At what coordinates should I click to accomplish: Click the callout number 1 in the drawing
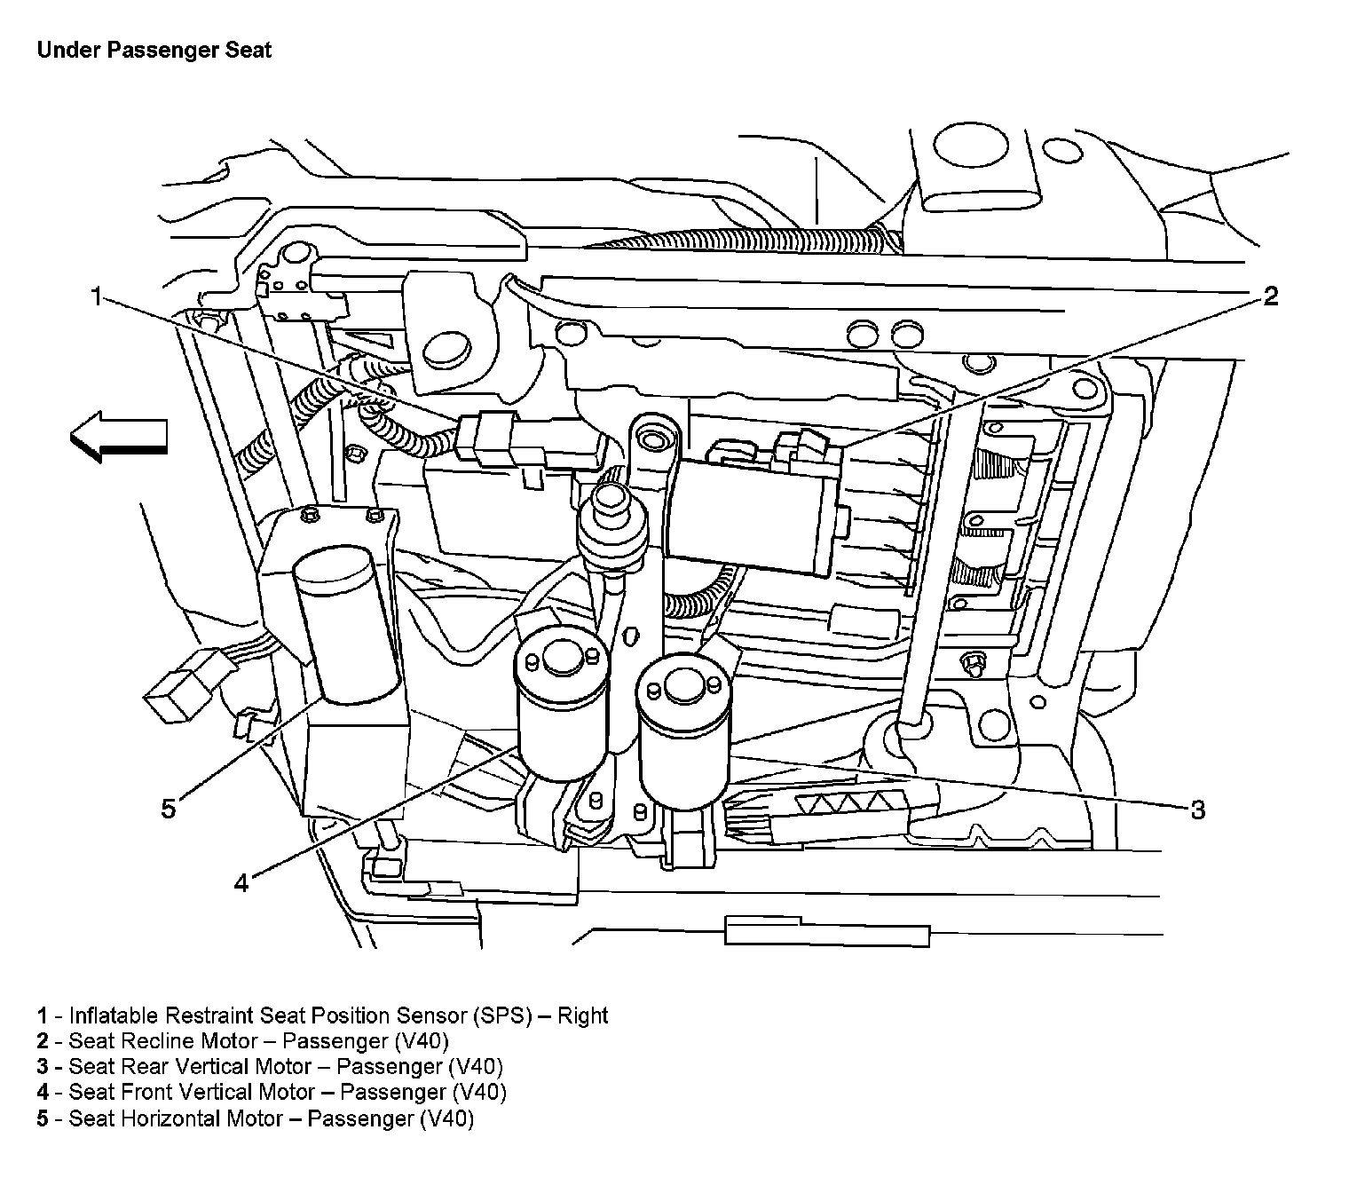pyautogui.click(x=96, y=296)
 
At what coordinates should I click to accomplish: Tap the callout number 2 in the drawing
pyautogui.click(x=1270, y=296)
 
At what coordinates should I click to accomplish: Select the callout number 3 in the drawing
pyautogui.click(x=1197, y=810)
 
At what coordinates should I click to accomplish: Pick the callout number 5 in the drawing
pyautogui.click(x=169, y=810)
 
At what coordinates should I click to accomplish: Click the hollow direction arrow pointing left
pyautogui.click(x=118, y=437)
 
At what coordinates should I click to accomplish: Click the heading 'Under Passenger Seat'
pyautogui.click(x=154, y=50)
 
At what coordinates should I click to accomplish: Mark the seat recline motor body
pyautogui.click(x=754, y=510)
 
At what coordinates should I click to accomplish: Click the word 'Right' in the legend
pyautogui.click(x=582, y=1015)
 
